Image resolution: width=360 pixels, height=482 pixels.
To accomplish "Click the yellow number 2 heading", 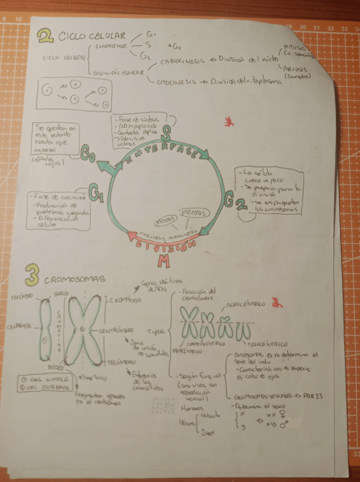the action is [44, 37].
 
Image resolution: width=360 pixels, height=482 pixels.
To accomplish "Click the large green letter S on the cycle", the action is [165, 134].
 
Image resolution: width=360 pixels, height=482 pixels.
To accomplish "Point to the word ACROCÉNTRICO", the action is [246, 305].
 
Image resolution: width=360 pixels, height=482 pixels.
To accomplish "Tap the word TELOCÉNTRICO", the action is [265, 344].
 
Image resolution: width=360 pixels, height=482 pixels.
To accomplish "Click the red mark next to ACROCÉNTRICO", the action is [277, 302].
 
